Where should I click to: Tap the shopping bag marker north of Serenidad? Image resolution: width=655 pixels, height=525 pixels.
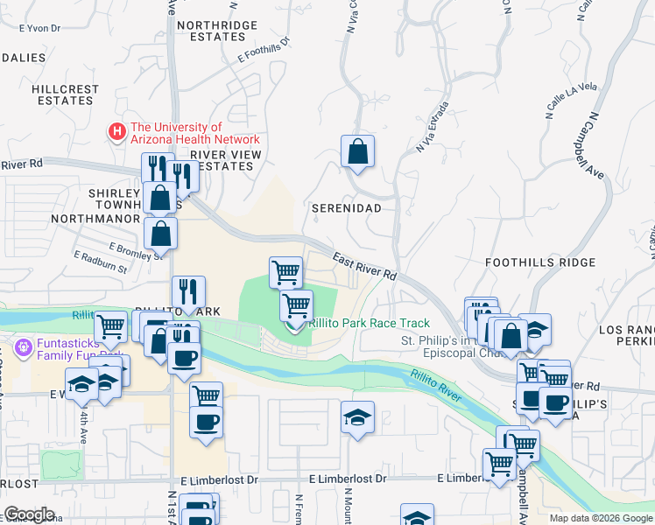point(357,153)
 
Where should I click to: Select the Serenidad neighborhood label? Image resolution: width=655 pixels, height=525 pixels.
point(347,208)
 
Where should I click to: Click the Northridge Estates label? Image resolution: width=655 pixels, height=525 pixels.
point(211,31)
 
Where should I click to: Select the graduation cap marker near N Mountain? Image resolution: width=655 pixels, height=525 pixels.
point(357,418)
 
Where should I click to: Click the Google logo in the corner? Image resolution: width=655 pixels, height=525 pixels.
point(29,514)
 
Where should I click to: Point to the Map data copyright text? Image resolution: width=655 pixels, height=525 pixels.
point(601,518)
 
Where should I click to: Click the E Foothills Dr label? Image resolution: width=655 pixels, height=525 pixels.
point(264,51)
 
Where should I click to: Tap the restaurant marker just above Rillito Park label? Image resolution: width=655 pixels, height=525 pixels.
point(188,292)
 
